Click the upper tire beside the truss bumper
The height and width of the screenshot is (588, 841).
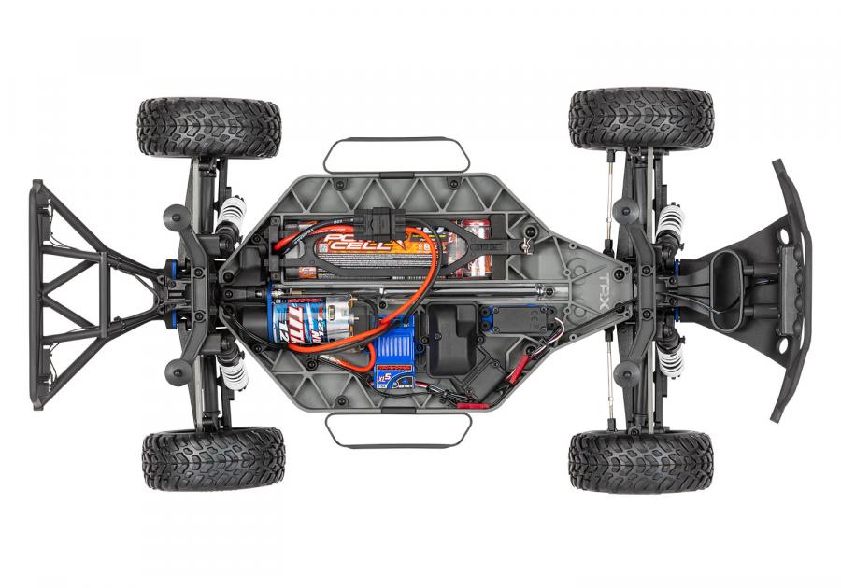tap(208, 127)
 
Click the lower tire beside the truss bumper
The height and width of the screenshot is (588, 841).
tap(213, 459)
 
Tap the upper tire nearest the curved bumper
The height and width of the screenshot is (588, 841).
tap(641, 119)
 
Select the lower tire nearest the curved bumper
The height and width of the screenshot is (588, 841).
tap(640, 461)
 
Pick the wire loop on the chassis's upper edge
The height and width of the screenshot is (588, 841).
tap(397, 156)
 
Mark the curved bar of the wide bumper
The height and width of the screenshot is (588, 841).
tap(792, 289)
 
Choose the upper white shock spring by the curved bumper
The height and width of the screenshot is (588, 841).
tap(668, 224)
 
